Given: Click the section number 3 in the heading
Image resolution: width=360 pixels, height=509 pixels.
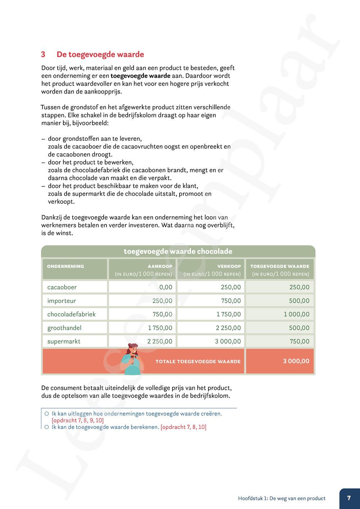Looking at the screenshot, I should [43, 55].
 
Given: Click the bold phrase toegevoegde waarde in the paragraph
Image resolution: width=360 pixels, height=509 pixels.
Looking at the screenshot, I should [140, 76].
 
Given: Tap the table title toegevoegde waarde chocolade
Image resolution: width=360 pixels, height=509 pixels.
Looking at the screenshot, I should [178, 251].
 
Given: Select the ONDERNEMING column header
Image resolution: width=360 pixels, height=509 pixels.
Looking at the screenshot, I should [66, 266].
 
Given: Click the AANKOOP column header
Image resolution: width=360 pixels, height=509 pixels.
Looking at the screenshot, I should [160, 266].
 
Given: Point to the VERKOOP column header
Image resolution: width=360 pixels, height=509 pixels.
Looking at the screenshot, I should [229, 266].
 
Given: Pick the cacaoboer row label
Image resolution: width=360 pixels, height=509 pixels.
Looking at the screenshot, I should [62, 287].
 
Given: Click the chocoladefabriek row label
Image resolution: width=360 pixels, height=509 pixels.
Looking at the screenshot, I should [71, 314].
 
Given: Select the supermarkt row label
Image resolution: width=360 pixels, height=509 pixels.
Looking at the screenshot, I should [64, 341].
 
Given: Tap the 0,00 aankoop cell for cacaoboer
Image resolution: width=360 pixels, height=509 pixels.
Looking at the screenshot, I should [166, 287].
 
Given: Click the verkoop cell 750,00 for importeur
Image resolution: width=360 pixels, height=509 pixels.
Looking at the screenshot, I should [231, 301].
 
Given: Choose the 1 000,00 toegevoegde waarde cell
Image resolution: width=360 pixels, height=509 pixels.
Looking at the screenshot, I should [296, 314].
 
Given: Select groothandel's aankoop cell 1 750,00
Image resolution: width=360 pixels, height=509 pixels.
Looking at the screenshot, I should [160, 328].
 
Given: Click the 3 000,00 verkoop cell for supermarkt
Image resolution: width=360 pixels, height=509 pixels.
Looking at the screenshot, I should [228, 341].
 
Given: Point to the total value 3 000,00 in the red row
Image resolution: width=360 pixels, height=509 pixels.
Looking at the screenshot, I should [296, 361].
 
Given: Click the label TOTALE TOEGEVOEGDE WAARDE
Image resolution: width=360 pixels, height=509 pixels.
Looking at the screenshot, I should [198, 361].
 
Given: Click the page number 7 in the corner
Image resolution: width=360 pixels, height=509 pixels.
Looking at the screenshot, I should [349, 498].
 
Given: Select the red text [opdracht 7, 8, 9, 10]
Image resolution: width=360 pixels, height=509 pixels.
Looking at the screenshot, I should [77, 420].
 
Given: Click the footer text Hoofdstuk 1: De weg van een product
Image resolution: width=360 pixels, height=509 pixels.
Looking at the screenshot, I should [282, 499].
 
